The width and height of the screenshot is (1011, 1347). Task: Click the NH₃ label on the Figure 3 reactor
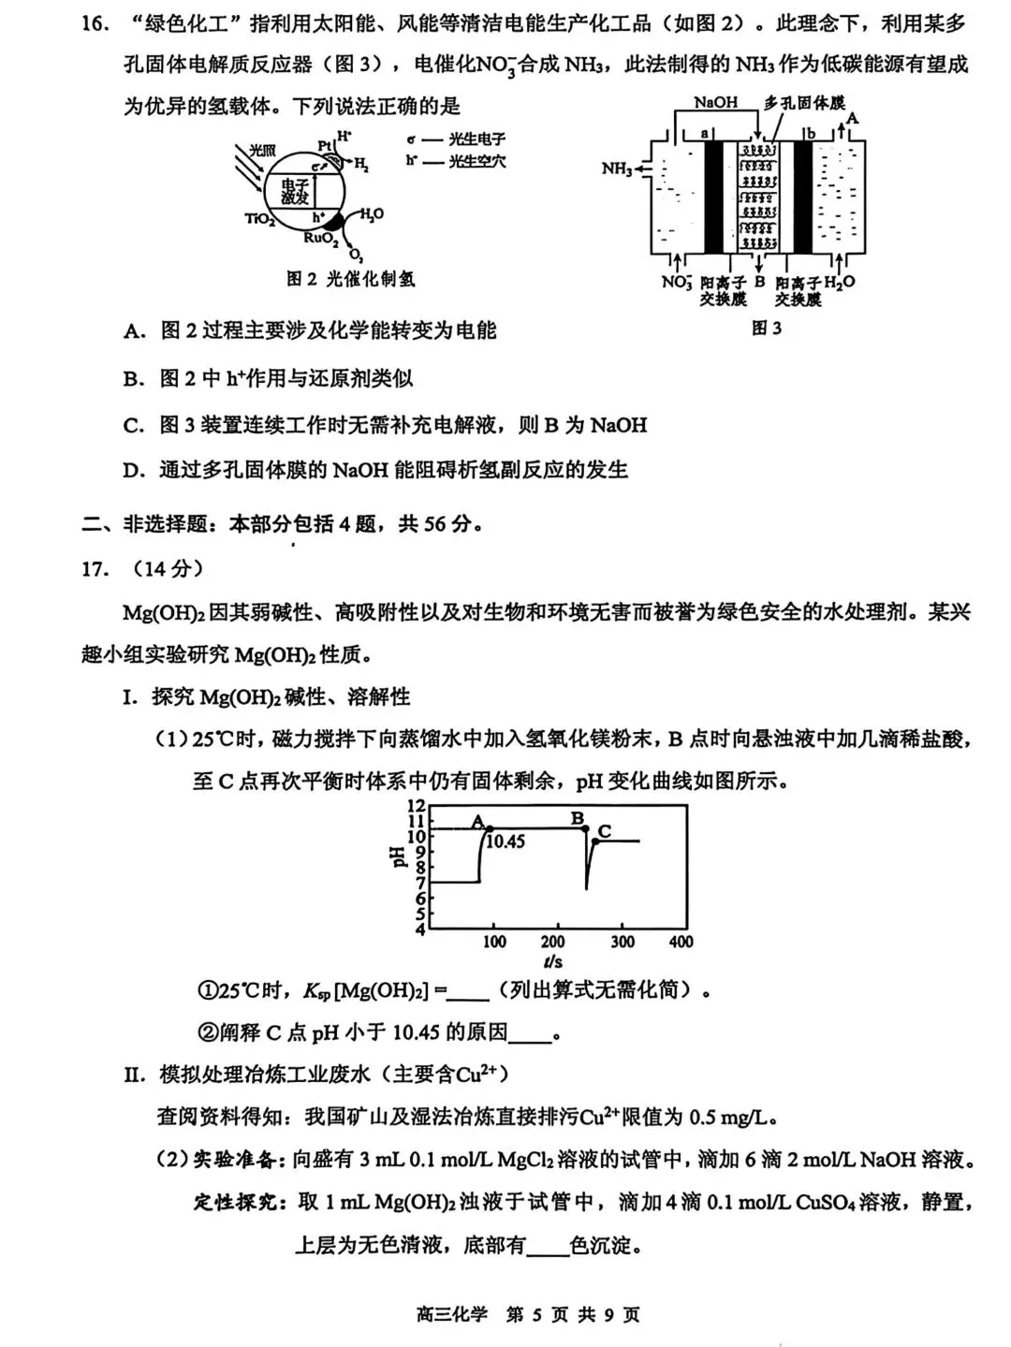tap(616, 169)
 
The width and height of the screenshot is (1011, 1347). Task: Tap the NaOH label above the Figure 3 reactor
tap(716, 102)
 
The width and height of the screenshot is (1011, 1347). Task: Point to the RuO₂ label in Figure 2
tap(321, 239)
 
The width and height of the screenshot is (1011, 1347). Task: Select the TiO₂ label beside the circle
tap(259, 219)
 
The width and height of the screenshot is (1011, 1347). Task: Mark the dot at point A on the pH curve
tap(490, 828)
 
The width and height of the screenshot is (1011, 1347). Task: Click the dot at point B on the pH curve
tap(586, 828)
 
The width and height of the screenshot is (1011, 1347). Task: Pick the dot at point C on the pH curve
tap(596, 841)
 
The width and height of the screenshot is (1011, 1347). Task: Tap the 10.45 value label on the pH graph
tap(505, 842)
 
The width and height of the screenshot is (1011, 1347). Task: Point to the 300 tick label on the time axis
tap(623, 942)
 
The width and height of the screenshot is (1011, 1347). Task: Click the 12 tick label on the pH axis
tap(417, 806)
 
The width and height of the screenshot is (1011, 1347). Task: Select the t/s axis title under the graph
tap(553, 962)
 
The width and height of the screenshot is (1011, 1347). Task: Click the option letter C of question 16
tap(133, 426)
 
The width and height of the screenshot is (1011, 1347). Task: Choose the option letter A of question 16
tap(133, 331)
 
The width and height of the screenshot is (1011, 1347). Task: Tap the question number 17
tap(95, 569)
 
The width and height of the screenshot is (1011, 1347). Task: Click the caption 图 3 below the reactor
tap(766, 328)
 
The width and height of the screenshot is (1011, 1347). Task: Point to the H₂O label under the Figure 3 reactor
tap(840, 282)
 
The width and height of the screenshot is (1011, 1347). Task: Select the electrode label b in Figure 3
tap(812, 133)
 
